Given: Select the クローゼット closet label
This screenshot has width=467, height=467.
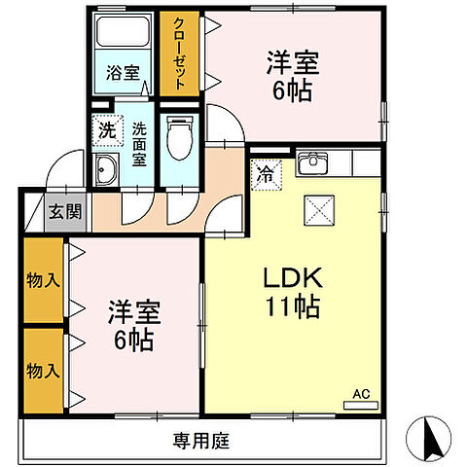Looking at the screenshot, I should click(179, 54).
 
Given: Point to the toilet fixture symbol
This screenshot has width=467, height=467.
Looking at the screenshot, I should click(177, 139).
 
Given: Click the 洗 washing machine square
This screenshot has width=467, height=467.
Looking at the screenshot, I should click(105, 127).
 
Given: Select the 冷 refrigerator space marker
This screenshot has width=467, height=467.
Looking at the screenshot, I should click(265, 176).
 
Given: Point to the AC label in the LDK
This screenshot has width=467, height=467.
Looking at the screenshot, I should click(361, 395).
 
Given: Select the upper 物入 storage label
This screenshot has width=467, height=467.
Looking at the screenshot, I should click(39, 280).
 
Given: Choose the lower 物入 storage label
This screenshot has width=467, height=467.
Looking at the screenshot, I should click(39, 370).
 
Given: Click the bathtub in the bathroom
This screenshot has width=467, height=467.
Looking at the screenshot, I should click(123, 35).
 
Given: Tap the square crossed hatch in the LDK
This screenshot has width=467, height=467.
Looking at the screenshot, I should click(319, 208).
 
